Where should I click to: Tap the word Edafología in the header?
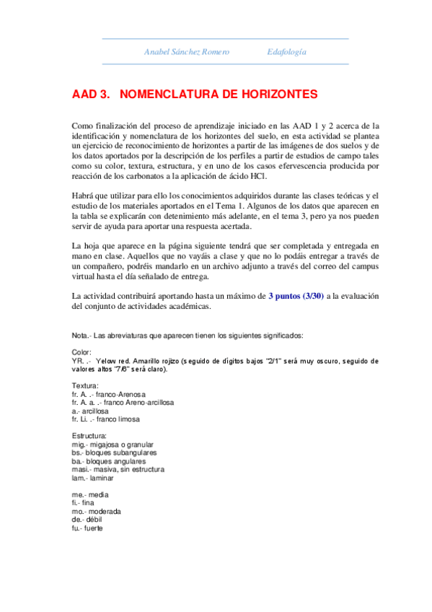[x=286, y=52]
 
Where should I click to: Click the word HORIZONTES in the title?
[x=262, y=94]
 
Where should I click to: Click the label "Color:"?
[x=82, y=352]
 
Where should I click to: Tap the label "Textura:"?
[x=86, y=386]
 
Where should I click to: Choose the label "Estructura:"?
[x=89, y=437]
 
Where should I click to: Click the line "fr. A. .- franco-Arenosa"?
[x=109, y=395]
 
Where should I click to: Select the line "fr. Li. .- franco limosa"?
[x=106, y=419]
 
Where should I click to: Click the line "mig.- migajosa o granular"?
[x=113, y=445]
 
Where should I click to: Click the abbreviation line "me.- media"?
[x=90, y=495]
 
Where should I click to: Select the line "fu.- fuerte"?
[x=88, y=528]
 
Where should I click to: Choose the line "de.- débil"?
[x=89, y=520]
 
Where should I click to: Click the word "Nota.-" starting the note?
[x=81, y=336]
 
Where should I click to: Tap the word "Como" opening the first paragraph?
[x=83, y=126]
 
